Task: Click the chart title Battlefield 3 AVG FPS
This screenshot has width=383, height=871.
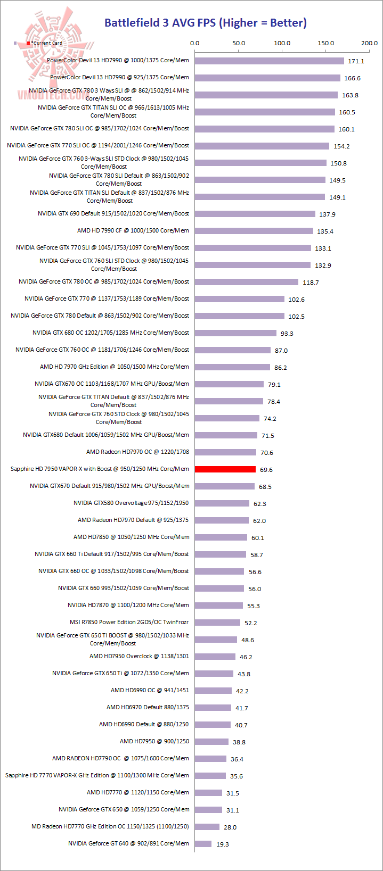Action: (x=205, y=22)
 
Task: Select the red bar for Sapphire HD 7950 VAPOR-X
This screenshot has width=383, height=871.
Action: (x=225, y=469)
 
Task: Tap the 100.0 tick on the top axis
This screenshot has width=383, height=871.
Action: (x=282, y=43)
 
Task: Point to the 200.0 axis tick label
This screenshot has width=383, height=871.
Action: (x=369, y=43)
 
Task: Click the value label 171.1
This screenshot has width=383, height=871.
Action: (x=356, y=61)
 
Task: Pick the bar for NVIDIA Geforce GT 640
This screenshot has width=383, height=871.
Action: (x=203, y=844)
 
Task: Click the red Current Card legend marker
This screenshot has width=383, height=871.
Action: (x=28, y=43)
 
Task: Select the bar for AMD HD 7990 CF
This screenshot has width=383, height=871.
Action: (x=254, y=231)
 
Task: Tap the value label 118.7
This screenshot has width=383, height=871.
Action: (x=310, y=283)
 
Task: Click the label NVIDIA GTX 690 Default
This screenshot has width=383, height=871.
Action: (x=113, y=213)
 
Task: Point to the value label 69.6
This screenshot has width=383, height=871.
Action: (x=266, y=470)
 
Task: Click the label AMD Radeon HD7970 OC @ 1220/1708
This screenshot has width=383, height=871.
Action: (x=137, y=452)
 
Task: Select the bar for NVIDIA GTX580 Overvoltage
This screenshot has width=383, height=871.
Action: (x=222, y=503)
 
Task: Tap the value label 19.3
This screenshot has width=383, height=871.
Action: (x=222, y=844)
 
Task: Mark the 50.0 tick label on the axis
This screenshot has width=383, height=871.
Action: (x=238, y=43)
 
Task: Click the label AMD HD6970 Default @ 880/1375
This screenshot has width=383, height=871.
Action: (x=148, y=707)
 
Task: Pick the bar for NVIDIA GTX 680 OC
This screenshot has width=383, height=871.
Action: (x=235, y=333)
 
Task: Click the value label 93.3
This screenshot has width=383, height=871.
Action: (x=287, y=334)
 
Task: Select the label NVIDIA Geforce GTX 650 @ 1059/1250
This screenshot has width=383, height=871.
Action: (x=124, y=809)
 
